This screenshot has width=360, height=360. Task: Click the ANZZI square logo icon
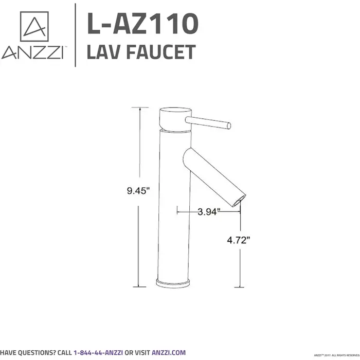click(x=34, y=26)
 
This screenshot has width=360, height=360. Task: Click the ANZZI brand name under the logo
click(x=32, y=53)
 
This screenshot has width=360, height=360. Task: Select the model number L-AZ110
click(x=142, y=24)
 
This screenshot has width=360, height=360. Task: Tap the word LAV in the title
click(x=105, y=52)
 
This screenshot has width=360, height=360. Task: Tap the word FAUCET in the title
click(x=161, y=52)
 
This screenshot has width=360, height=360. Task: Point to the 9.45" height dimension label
click(x=138, y=191)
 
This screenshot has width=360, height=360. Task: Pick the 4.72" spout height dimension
click(x=239, y=240)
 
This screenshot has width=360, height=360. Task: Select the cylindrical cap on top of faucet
click(x=175, y=119)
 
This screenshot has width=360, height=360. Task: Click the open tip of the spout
click(x=240, y=200)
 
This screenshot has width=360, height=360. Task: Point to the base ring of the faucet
click(x=175, y=283)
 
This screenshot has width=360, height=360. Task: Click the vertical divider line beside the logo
click(x=76, y=35)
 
